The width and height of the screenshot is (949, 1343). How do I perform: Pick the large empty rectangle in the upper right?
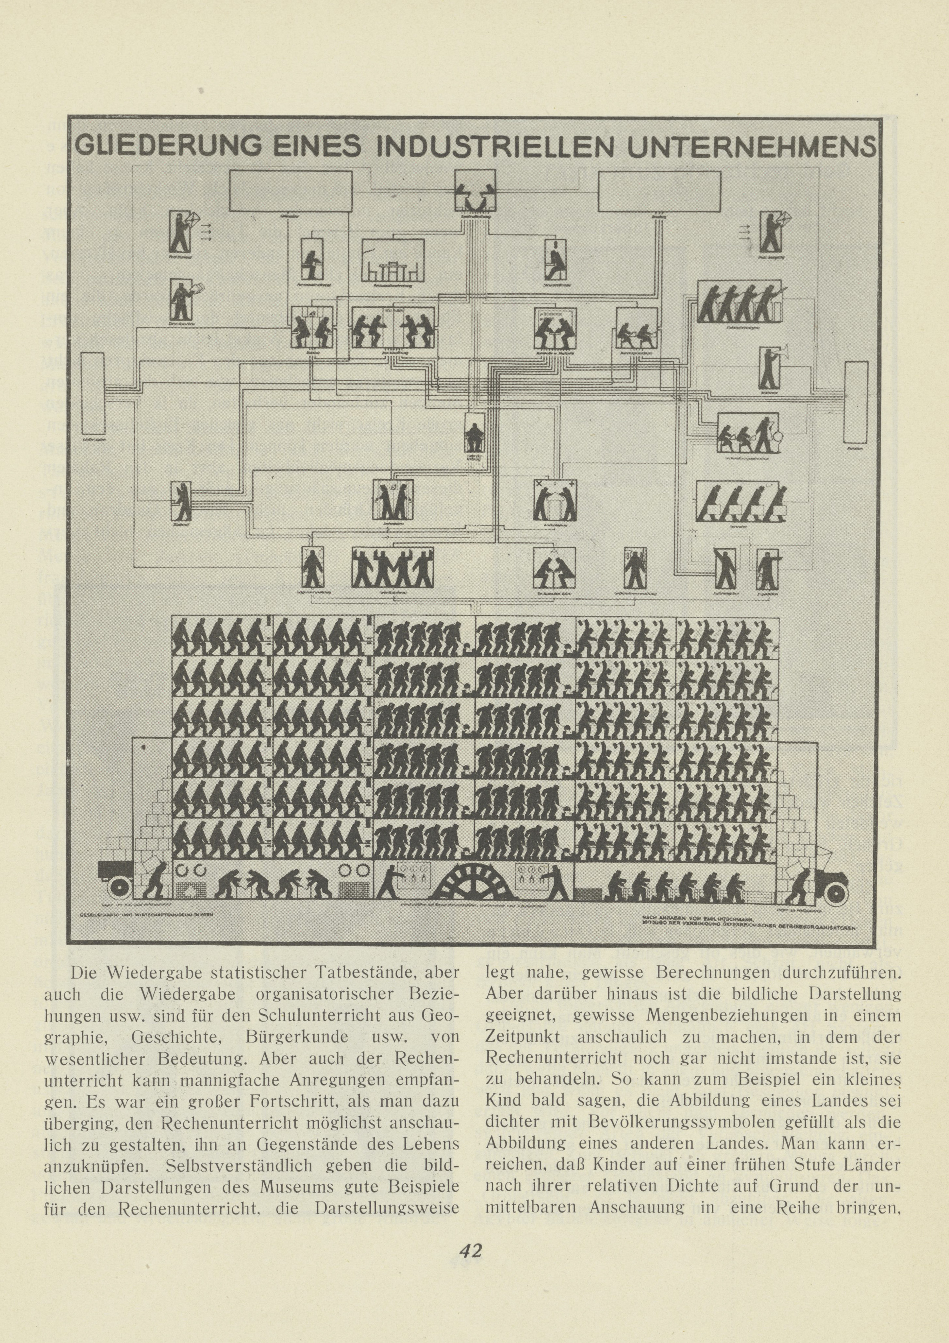(661, 191)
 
